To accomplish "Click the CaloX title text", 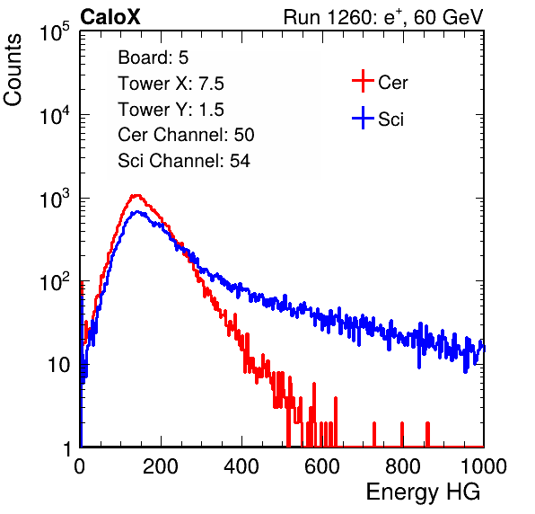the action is [x=110, y=17].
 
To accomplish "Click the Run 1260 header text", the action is [x=383, y=17].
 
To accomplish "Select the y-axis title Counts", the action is [x=13, y=70].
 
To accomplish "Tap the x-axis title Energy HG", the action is [x=423, y=492].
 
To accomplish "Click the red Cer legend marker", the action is [x=363, y=81].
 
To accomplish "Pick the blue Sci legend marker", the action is [x=363, y=119].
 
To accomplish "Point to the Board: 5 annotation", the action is [x=153, y=58].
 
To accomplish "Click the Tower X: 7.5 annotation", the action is [x=171, y=84].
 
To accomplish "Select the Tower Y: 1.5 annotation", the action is [x=171, y=110].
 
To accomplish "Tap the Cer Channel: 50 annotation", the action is [x=186, y=135].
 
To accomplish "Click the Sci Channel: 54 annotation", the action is [x=184, y=161].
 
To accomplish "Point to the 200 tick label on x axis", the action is [x=161, y=466].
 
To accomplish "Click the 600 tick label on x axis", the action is [x=322, y=466].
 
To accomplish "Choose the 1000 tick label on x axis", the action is [x=484, y=466].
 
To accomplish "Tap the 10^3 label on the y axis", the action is [x=55, y=199].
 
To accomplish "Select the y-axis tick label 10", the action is [x=58, y=366].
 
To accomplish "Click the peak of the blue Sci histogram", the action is [x=137, y=212].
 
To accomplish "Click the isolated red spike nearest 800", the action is [x=402, y=434].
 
